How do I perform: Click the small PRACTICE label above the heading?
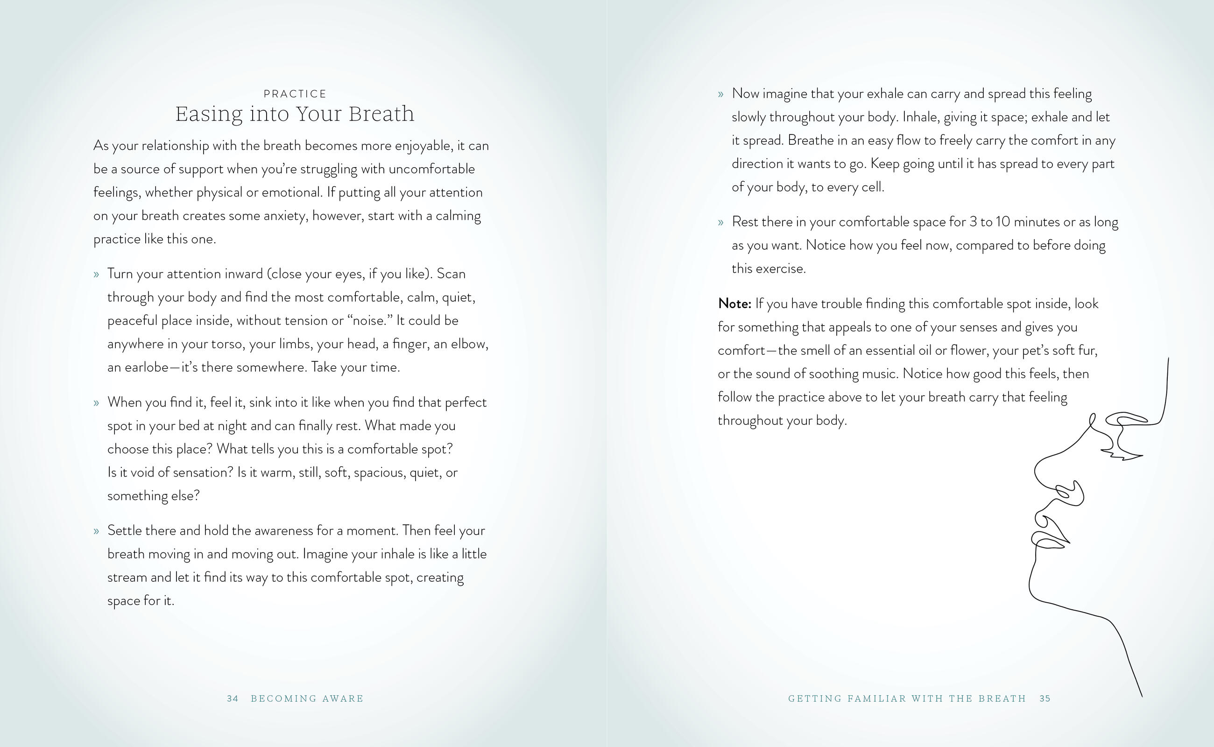point(295,94)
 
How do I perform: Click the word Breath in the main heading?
point(381,114)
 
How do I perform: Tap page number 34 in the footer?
point(233,698)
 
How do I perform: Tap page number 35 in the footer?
point(1045,698)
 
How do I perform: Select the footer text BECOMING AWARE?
point(307,698)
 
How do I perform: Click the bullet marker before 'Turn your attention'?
point(96,275)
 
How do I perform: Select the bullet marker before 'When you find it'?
point(96,403)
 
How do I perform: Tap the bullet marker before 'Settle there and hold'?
point(96,532)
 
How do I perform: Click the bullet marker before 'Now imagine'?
point(721,94)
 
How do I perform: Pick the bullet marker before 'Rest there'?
point(721,223)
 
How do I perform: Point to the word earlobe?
point(146,367)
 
